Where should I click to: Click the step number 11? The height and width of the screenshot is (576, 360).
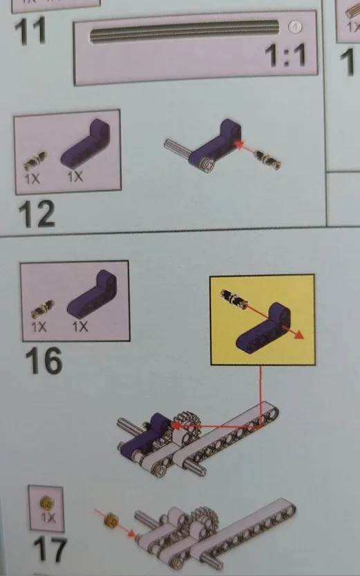coord(30,30)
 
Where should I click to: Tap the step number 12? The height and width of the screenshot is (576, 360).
coord(37,213)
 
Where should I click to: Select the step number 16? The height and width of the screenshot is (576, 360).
coord(44,361)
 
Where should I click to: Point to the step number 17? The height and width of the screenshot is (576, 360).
coord(50,550)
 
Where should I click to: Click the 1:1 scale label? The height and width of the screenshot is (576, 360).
coord(285,55)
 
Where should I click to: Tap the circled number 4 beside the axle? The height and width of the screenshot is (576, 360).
coord(295,27)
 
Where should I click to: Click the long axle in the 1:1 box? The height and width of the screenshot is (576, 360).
coord(184,32)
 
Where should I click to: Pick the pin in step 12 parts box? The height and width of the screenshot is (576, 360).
coord(36,162)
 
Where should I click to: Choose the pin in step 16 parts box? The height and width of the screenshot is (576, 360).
coord(43,309)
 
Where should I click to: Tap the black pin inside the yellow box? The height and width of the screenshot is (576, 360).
coord(234,299)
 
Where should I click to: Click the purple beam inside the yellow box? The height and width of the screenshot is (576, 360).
coord(263,327)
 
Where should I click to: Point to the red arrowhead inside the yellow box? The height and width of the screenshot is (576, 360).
coord(298,335)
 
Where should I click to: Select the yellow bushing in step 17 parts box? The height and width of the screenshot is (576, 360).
coord(47,503)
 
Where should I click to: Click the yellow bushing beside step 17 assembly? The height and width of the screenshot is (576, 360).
coord(111,521)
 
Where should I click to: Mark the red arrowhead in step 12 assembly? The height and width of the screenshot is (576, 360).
coord(240,144)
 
